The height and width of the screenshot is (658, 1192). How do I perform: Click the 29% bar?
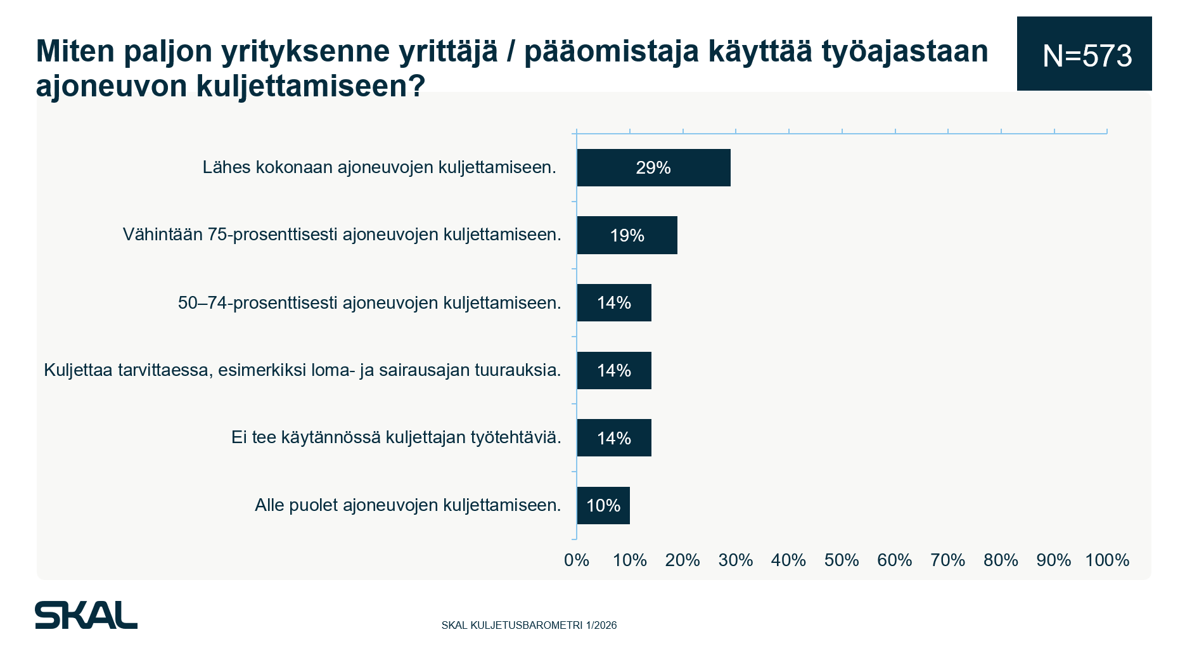(x=653, y=167)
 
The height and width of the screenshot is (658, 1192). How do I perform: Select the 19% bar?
(x=627, y=235)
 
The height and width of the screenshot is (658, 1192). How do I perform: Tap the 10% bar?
(x=603, y=505)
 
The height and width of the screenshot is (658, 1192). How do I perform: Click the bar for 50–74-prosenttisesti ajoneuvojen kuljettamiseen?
(x=614, y=303)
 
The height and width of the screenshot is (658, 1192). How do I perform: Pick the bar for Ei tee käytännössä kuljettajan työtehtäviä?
(x=614, y=438)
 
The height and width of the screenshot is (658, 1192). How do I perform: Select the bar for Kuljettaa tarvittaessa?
(x=614, y=370)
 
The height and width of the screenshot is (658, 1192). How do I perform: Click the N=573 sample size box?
(x=1084, y=55)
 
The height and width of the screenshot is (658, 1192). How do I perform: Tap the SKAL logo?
(x=86, y=615)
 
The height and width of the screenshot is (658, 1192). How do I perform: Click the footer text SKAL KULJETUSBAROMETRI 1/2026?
(x=529, y=626)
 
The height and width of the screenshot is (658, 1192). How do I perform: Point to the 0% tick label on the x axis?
(x=577, y=560)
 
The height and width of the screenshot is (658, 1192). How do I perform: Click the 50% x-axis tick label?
(x=842, y=560)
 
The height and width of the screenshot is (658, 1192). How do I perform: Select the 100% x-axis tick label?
(x=1107, y=560)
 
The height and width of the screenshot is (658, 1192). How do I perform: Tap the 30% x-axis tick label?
(x=736, y=560)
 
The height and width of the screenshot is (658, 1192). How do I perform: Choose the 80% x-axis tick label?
(x=1001, y=560)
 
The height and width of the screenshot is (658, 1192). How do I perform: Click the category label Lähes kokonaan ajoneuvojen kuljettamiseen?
(x=379, y=167)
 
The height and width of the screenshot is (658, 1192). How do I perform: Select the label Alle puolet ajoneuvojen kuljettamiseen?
(x=408, y=505)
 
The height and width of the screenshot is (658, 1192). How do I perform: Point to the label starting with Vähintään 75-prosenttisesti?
(x=342, y=235)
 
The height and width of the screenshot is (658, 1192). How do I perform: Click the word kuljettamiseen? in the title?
(x=311, y=86)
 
